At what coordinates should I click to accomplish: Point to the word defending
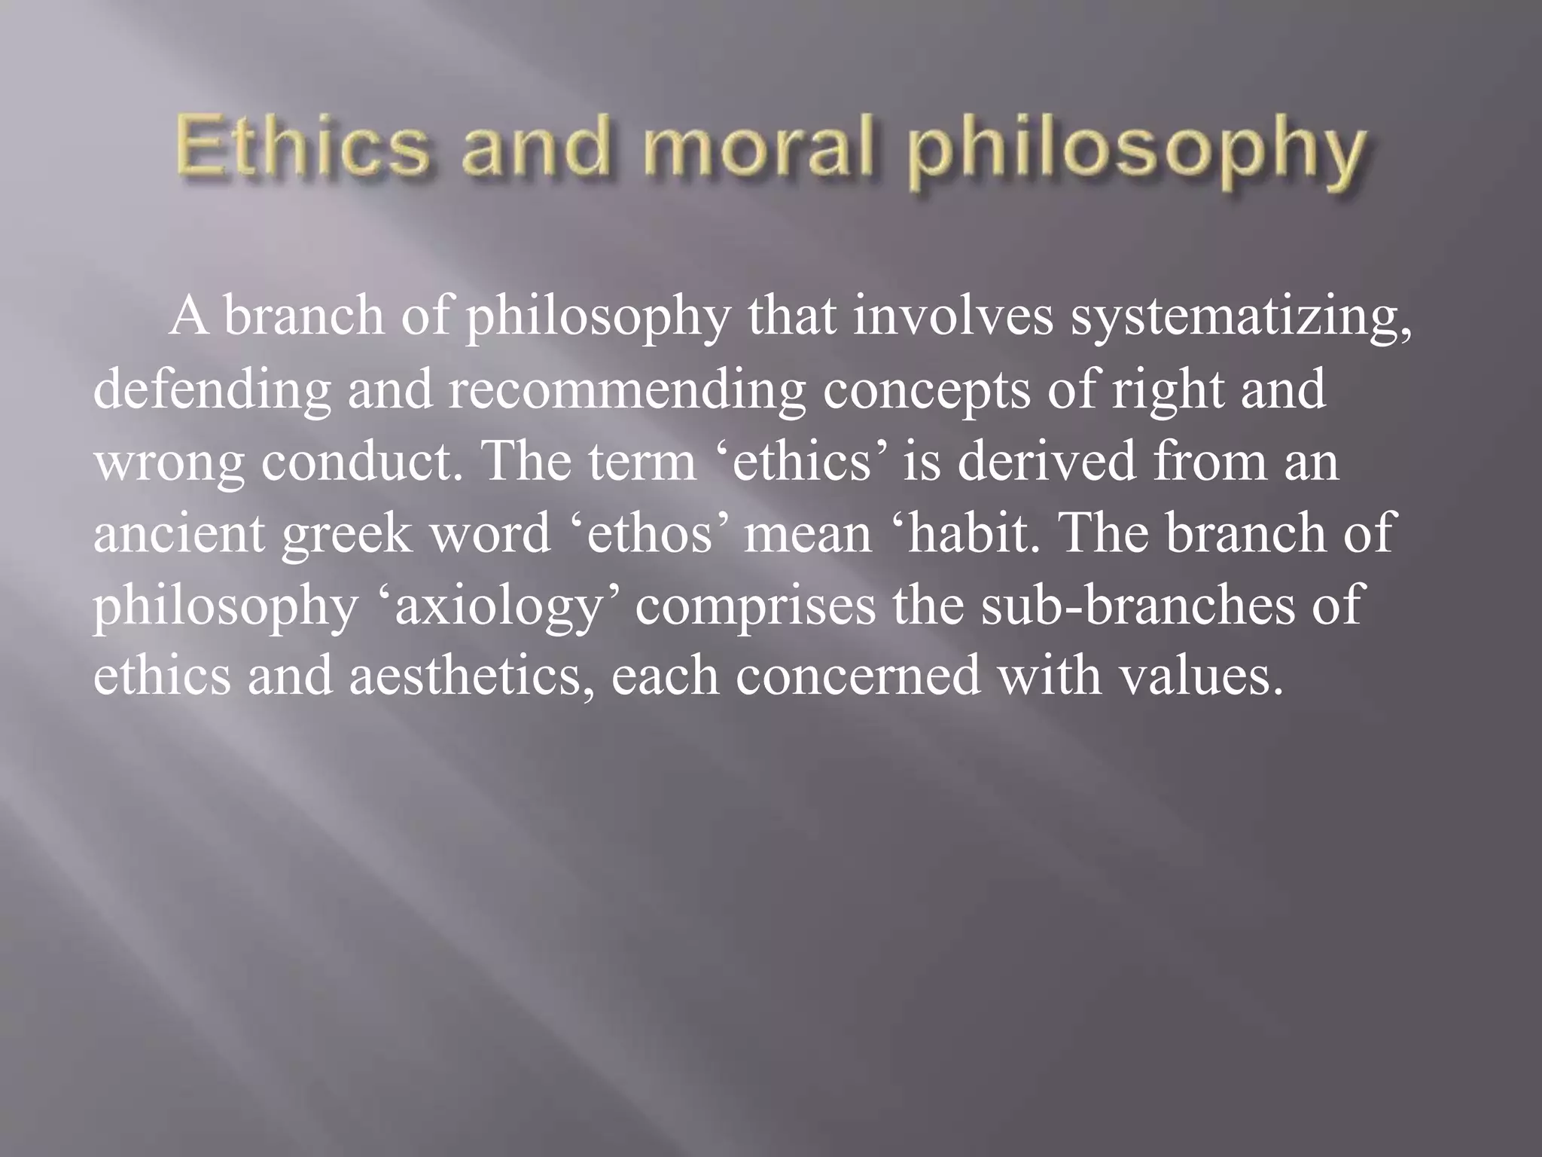click(212, 389)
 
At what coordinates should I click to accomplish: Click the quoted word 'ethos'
click(648, 533)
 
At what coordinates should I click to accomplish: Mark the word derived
click(1046, 460)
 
